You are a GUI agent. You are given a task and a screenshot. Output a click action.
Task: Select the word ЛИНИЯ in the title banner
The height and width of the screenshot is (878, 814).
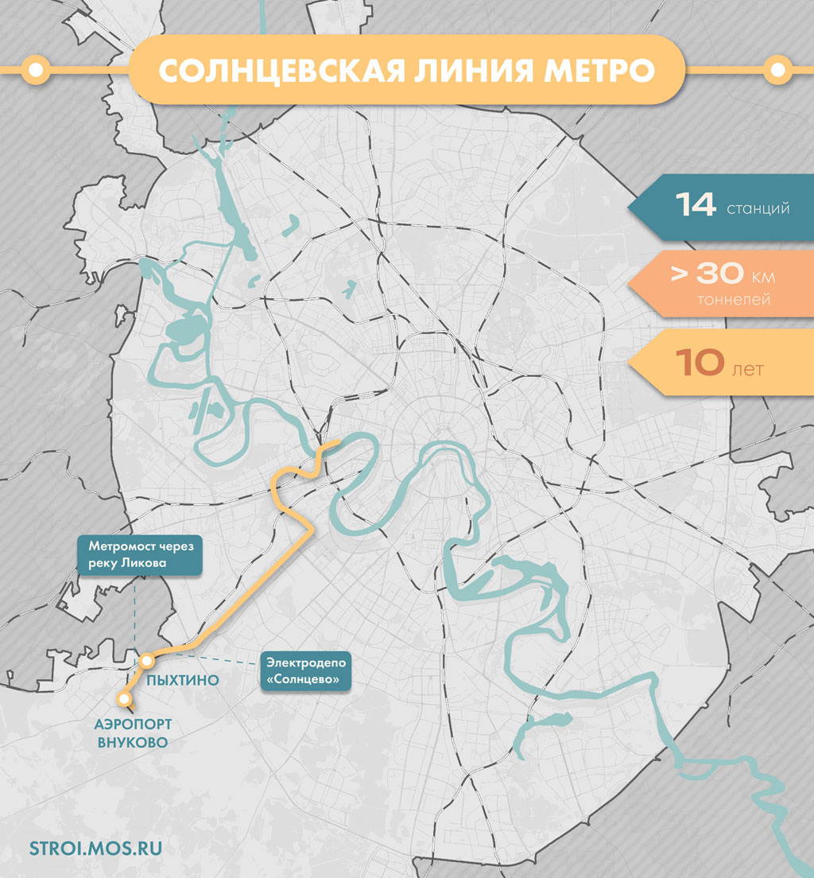(x=476, y=70)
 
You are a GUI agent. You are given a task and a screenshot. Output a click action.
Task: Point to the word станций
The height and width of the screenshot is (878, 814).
(x=758, y=209)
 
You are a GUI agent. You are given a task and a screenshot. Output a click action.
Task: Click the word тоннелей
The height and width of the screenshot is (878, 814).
(x=734, y=301)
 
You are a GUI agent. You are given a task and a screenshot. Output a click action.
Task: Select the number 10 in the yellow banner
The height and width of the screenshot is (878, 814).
(x=700, y=363)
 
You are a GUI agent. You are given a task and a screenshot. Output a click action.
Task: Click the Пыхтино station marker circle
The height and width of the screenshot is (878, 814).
(x=147, y=660)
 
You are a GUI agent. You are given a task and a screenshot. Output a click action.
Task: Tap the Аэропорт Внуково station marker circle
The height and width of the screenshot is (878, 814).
(x=124, y=699)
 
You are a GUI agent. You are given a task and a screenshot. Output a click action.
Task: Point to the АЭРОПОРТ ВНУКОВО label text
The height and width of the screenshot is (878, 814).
(x=131, y=733)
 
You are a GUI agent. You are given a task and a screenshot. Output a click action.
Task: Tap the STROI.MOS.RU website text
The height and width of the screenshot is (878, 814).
(x=95, y=848)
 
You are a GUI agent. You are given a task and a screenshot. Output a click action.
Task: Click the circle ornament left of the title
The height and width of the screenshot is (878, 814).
(x=35, y=70)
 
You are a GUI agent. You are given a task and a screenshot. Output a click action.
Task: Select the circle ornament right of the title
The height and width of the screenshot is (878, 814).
(x=777, y=70)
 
